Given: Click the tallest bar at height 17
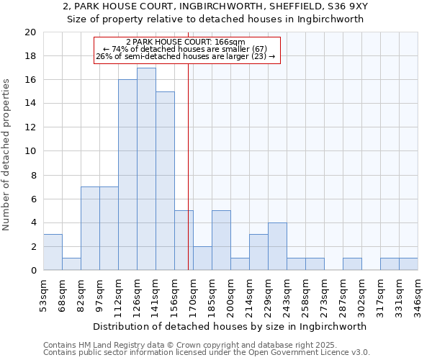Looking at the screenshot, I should click(146, 169).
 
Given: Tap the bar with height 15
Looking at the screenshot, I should click(165, 181).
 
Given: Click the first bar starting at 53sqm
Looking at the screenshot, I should click(53, 252).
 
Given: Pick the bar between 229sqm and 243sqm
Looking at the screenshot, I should click(277, 246).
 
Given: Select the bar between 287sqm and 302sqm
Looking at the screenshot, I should click(352, 264).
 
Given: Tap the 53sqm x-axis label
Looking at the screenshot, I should click(43, 296).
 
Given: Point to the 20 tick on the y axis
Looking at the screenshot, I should click(30, 32).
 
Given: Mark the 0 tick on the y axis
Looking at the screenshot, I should click(33, 270).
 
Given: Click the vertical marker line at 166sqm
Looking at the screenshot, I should click(188, 180).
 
